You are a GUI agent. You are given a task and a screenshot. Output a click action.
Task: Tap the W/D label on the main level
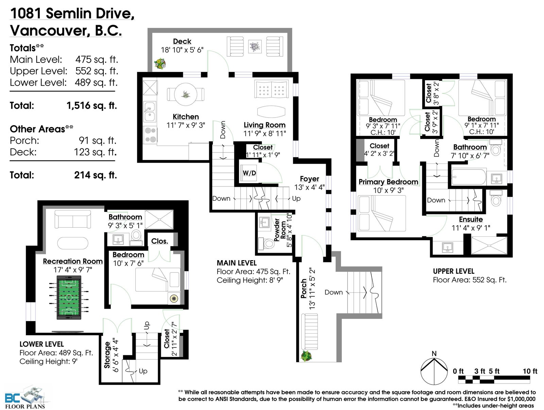pyautogui.click(x=249, y=173)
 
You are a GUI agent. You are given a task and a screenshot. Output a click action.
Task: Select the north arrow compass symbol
pyautogui.click(x=434, y=371)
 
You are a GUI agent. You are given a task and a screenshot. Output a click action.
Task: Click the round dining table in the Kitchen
pyautogui.click(x=186, y=94)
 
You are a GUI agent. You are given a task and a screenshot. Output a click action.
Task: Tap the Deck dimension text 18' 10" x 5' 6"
pyautogui.click(x=182, y=50)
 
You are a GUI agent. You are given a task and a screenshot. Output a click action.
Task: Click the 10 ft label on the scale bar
pyautogui.click(x=530, y=371)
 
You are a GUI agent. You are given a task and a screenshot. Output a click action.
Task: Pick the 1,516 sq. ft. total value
pyautogui.click(x=92, y=105)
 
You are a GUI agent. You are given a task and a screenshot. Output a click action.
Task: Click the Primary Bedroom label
pyautogui.click(x=388, y=182)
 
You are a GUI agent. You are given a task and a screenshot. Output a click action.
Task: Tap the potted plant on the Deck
pyautogui.click(x=159, y=64)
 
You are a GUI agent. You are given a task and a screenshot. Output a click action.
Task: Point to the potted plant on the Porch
pyautogui.click(x=306, y=356)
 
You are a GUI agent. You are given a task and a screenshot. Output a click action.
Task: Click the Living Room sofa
pyautogui.click(x=271, y=89)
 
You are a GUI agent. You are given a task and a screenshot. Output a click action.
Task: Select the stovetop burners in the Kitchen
pyautogui.click(x=150, y=135)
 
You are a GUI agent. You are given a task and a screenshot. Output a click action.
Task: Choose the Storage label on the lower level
pyautogui.click(x=107, y=355)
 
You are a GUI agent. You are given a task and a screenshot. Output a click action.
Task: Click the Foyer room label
pyautogui.click(x=309, y=179)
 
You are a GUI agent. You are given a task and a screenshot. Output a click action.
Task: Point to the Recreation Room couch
pyautogui.click(x=72, y=219)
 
